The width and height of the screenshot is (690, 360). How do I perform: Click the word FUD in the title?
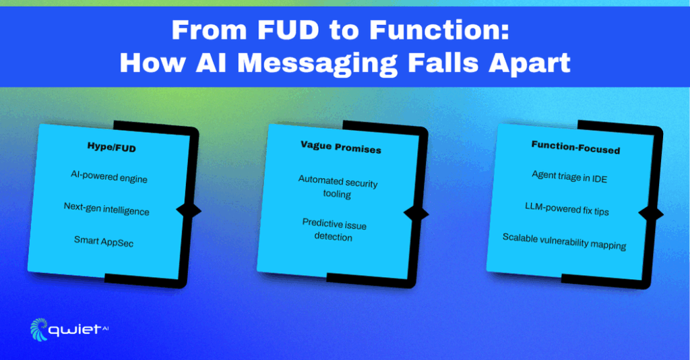[x=288, y=30]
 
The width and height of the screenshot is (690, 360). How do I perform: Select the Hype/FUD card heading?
[x=112, y=147]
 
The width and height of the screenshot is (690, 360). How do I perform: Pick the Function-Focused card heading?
[x=575, y=148]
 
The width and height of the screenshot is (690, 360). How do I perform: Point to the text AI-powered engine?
[x=109, y=177]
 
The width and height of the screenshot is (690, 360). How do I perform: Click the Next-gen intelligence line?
[x=106, y=208]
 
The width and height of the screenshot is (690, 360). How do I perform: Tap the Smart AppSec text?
[x=104, y=241]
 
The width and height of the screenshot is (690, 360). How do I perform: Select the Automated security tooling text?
[x=338, y=187]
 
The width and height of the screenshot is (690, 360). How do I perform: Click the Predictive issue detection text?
[x=334, y=229]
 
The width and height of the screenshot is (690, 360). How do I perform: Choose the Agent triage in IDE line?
[x=569, y=177]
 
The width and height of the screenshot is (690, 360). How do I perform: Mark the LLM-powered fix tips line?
[x=567, y=208]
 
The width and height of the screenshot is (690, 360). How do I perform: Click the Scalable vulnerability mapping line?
[x=564, y=241]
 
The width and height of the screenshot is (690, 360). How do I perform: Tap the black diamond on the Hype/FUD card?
[x=189, y=210]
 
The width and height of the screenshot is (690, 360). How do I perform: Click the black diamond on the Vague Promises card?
[x=416, y=214]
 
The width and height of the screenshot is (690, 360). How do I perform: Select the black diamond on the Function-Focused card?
[x=652, y=214]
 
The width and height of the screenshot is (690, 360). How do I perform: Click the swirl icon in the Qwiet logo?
[x=38, y=329]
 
